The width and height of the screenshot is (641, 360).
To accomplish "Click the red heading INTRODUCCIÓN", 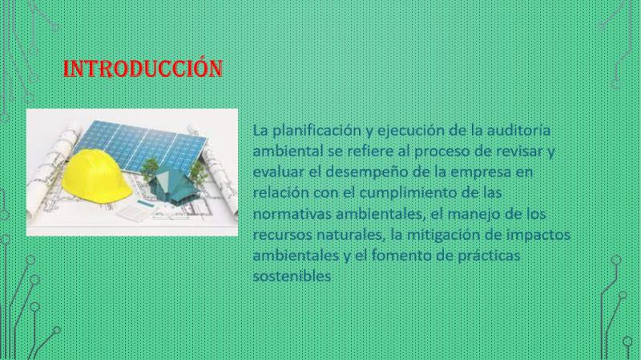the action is click(143, 68).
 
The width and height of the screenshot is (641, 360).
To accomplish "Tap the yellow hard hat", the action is click(96, 176).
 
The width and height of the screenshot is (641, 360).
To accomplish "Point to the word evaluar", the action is click(278, 172).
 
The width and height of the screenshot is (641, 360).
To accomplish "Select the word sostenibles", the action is click(292, 276).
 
